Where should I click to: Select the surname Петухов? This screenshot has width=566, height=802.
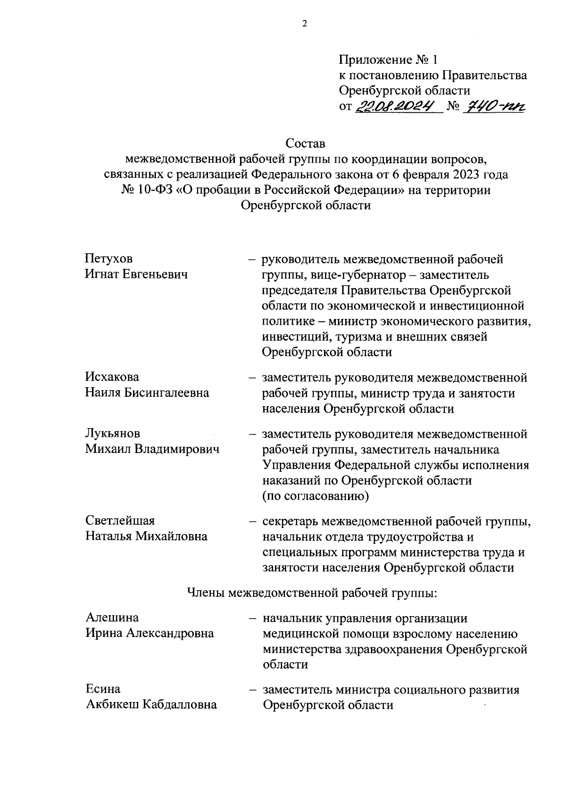(x=109, y=259)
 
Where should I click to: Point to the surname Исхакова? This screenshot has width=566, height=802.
(x=112, y=377)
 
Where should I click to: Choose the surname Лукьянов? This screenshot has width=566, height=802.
(x=113, y=433)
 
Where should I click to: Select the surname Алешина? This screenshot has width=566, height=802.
(x=112, y=617)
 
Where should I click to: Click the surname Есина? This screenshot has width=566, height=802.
(x=103, y=689)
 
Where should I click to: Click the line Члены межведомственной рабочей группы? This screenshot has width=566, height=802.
(x=313, y=592)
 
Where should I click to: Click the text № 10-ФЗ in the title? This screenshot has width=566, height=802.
(x=147, y=190)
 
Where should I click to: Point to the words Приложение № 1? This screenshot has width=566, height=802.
(x=389, y=60)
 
